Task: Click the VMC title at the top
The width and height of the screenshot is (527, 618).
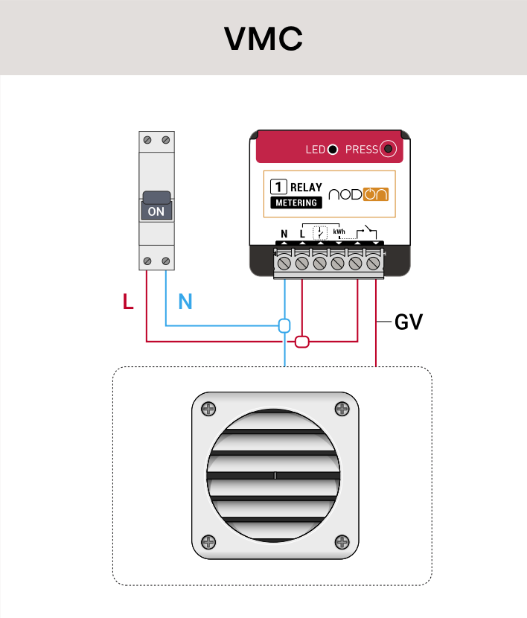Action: (263, 39)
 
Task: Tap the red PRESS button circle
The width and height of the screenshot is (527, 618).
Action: (388, 150)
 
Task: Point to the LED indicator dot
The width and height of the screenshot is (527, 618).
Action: (333, 150)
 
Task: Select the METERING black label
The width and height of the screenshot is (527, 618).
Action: (296, 203)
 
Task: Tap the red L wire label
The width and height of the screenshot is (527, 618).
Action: (128, 302)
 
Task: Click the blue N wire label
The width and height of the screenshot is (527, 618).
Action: (185, 302)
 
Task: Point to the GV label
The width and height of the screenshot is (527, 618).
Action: (409, 322)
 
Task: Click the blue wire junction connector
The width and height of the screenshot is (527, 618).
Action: (284, 325)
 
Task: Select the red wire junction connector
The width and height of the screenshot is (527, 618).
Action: (302, 342)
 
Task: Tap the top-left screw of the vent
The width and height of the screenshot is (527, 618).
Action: (208, 409)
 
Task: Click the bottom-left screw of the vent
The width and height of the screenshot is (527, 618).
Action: (208, 542)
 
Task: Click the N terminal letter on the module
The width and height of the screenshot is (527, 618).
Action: (284, 235)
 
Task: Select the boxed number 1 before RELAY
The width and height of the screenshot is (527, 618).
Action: (278, 188)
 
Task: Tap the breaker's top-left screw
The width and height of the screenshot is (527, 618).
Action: (148, 140)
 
